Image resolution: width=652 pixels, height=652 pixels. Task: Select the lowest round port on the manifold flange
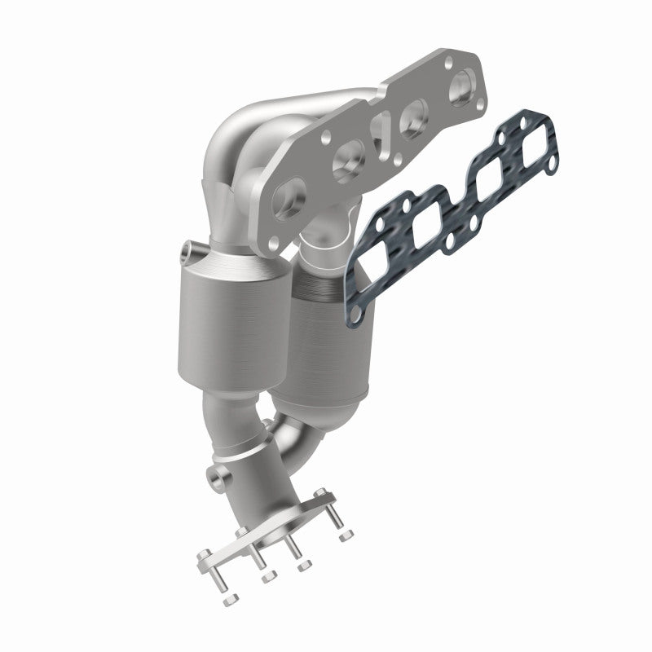[286, 200]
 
